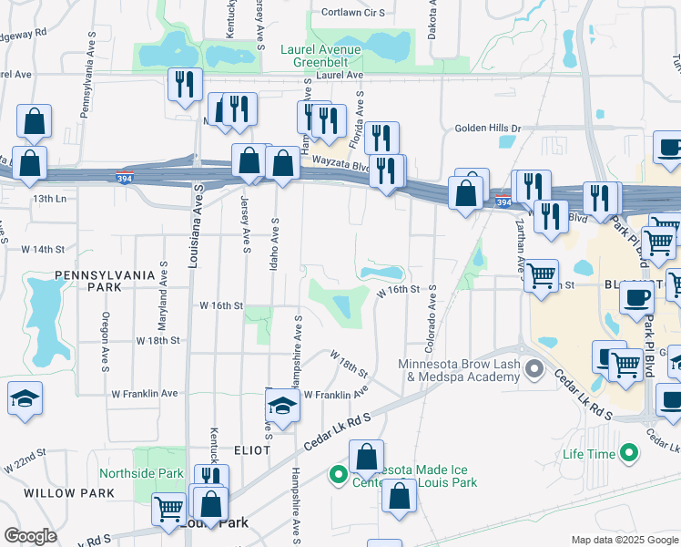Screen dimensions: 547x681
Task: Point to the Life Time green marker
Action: point(628,453)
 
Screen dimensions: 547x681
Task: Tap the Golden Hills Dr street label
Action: point(488,129)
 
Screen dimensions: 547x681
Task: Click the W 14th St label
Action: point(44,249)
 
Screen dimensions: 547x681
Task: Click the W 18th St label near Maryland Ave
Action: point(159,340)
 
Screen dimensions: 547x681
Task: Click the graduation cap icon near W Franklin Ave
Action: point(282,407)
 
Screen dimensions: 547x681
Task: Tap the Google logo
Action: point(30,536)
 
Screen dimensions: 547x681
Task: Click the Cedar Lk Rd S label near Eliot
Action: point(338,432)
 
